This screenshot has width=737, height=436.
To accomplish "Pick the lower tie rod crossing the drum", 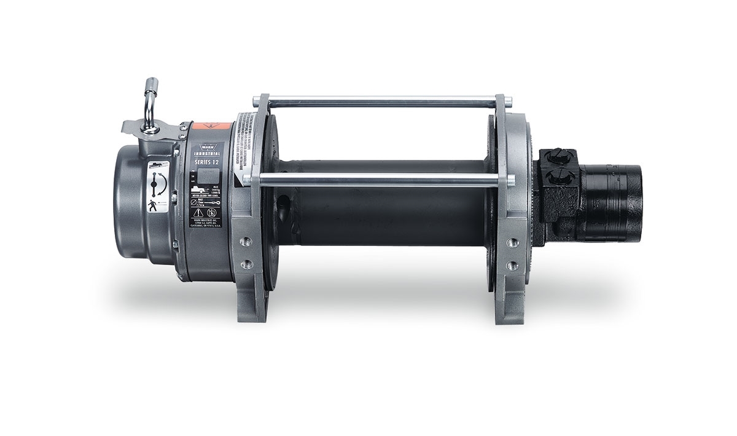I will [x=381, y=180].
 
